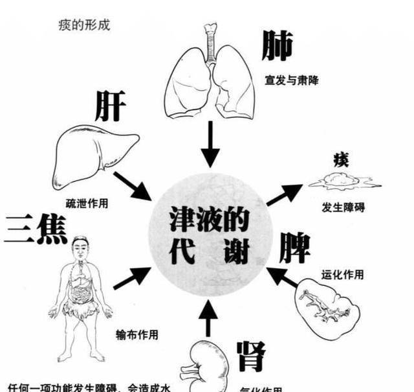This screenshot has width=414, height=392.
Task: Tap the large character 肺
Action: tap(278, 46)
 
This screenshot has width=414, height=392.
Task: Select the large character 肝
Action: tap(110, 106)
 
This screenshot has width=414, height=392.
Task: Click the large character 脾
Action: tap(294, 248)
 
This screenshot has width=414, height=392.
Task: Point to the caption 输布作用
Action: tap(137, 335)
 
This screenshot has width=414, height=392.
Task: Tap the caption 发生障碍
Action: tap(343, 208)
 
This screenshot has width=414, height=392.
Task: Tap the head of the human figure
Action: tap(80, 247)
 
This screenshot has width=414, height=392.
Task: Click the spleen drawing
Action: tap(327, 314)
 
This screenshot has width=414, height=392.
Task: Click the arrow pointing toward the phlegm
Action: tap(285, 194)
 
